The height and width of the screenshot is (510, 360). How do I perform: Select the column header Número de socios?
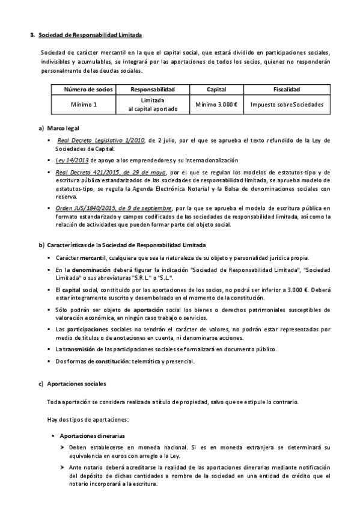(x=88, y=90)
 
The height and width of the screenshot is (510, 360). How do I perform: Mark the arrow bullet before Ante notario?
(x=63, y=467)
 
